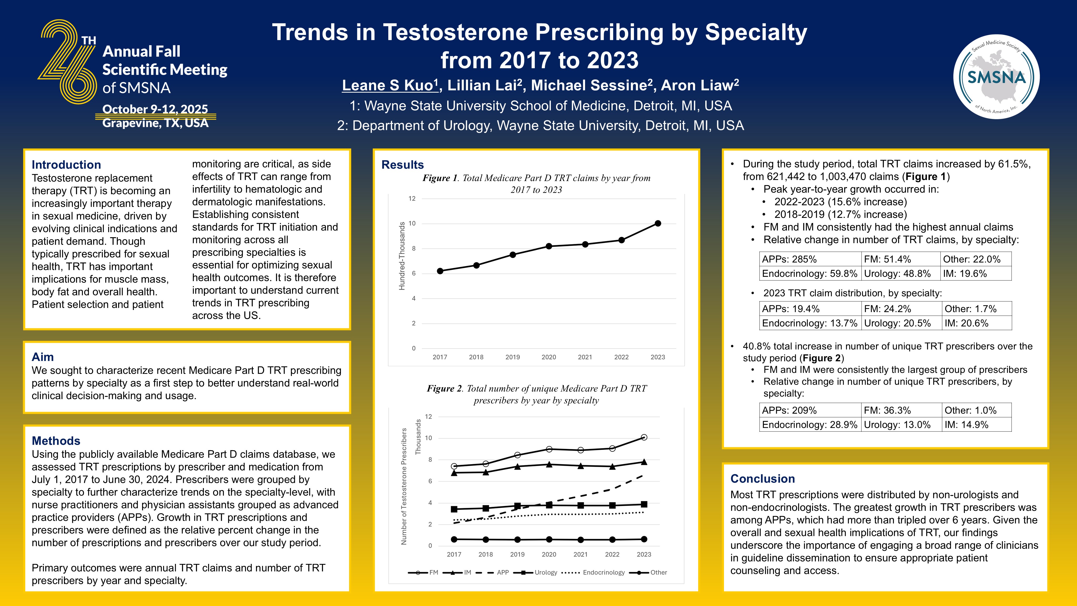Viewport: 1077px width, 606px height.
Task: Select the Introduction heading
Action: coord(66,164)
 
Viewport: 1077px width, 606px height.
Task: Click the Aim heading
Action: coord(43,357)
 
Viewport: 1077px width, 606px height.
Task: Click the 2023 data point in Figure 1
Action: coord(658,223)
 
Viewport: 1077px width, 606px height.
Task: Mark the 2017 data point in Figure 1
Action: coord(440,271)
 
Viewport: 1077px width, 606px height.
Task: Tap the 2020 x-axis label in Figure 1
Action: coord(548,357)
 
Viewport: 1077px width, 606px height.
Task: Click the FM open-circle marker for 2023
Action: coord(644,437)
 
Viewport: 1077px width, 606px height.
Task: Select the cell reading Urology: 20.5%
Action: coord(897,323)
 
